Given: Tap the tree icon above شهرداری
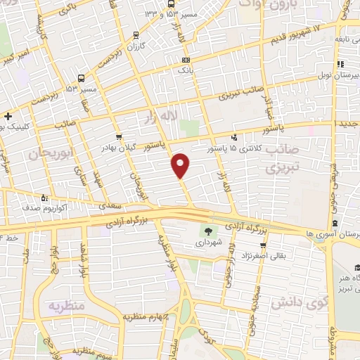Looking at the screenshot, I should coord(208,231).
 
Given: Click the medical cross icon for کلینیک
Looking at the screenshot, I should coord(7,116).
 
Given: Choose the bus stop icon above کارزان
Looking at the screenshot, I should coord(136,34).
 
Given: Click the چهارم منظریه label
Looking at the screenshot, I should coord(151,317).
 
